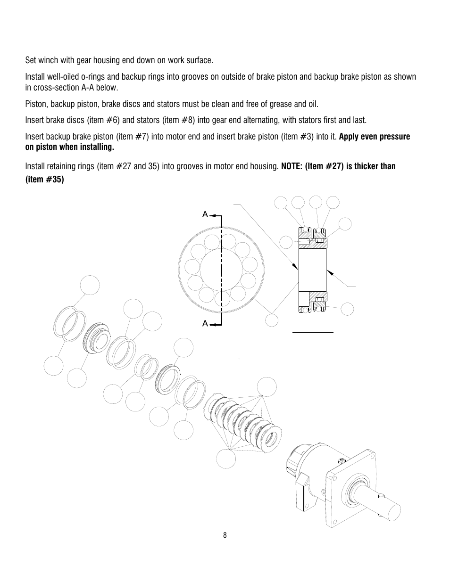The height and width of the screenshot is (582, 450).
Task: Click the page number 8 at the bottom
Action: coord(225,535)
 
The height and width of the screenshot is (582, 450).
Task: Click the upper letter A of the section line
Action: coord(205,214)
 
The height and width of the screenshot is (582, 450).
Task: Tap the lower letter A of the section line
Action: coord(205,323)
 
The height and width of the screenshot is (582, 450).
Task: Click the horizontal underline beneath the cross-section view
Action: coord(313,332)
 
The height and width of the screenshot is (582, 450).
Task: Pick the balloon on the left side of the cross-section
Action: coord(285,242)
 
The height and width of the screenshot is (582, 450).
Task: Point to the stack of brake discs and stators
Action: coord(245,419)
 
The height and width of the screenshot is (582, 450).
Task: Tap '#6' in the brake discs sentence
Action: coord(112,120)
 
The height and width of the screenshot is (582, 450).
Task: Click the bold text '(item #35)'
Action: coord(44,180)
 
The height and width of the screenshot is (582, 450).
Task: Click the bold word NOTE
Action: coord(292,166)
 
